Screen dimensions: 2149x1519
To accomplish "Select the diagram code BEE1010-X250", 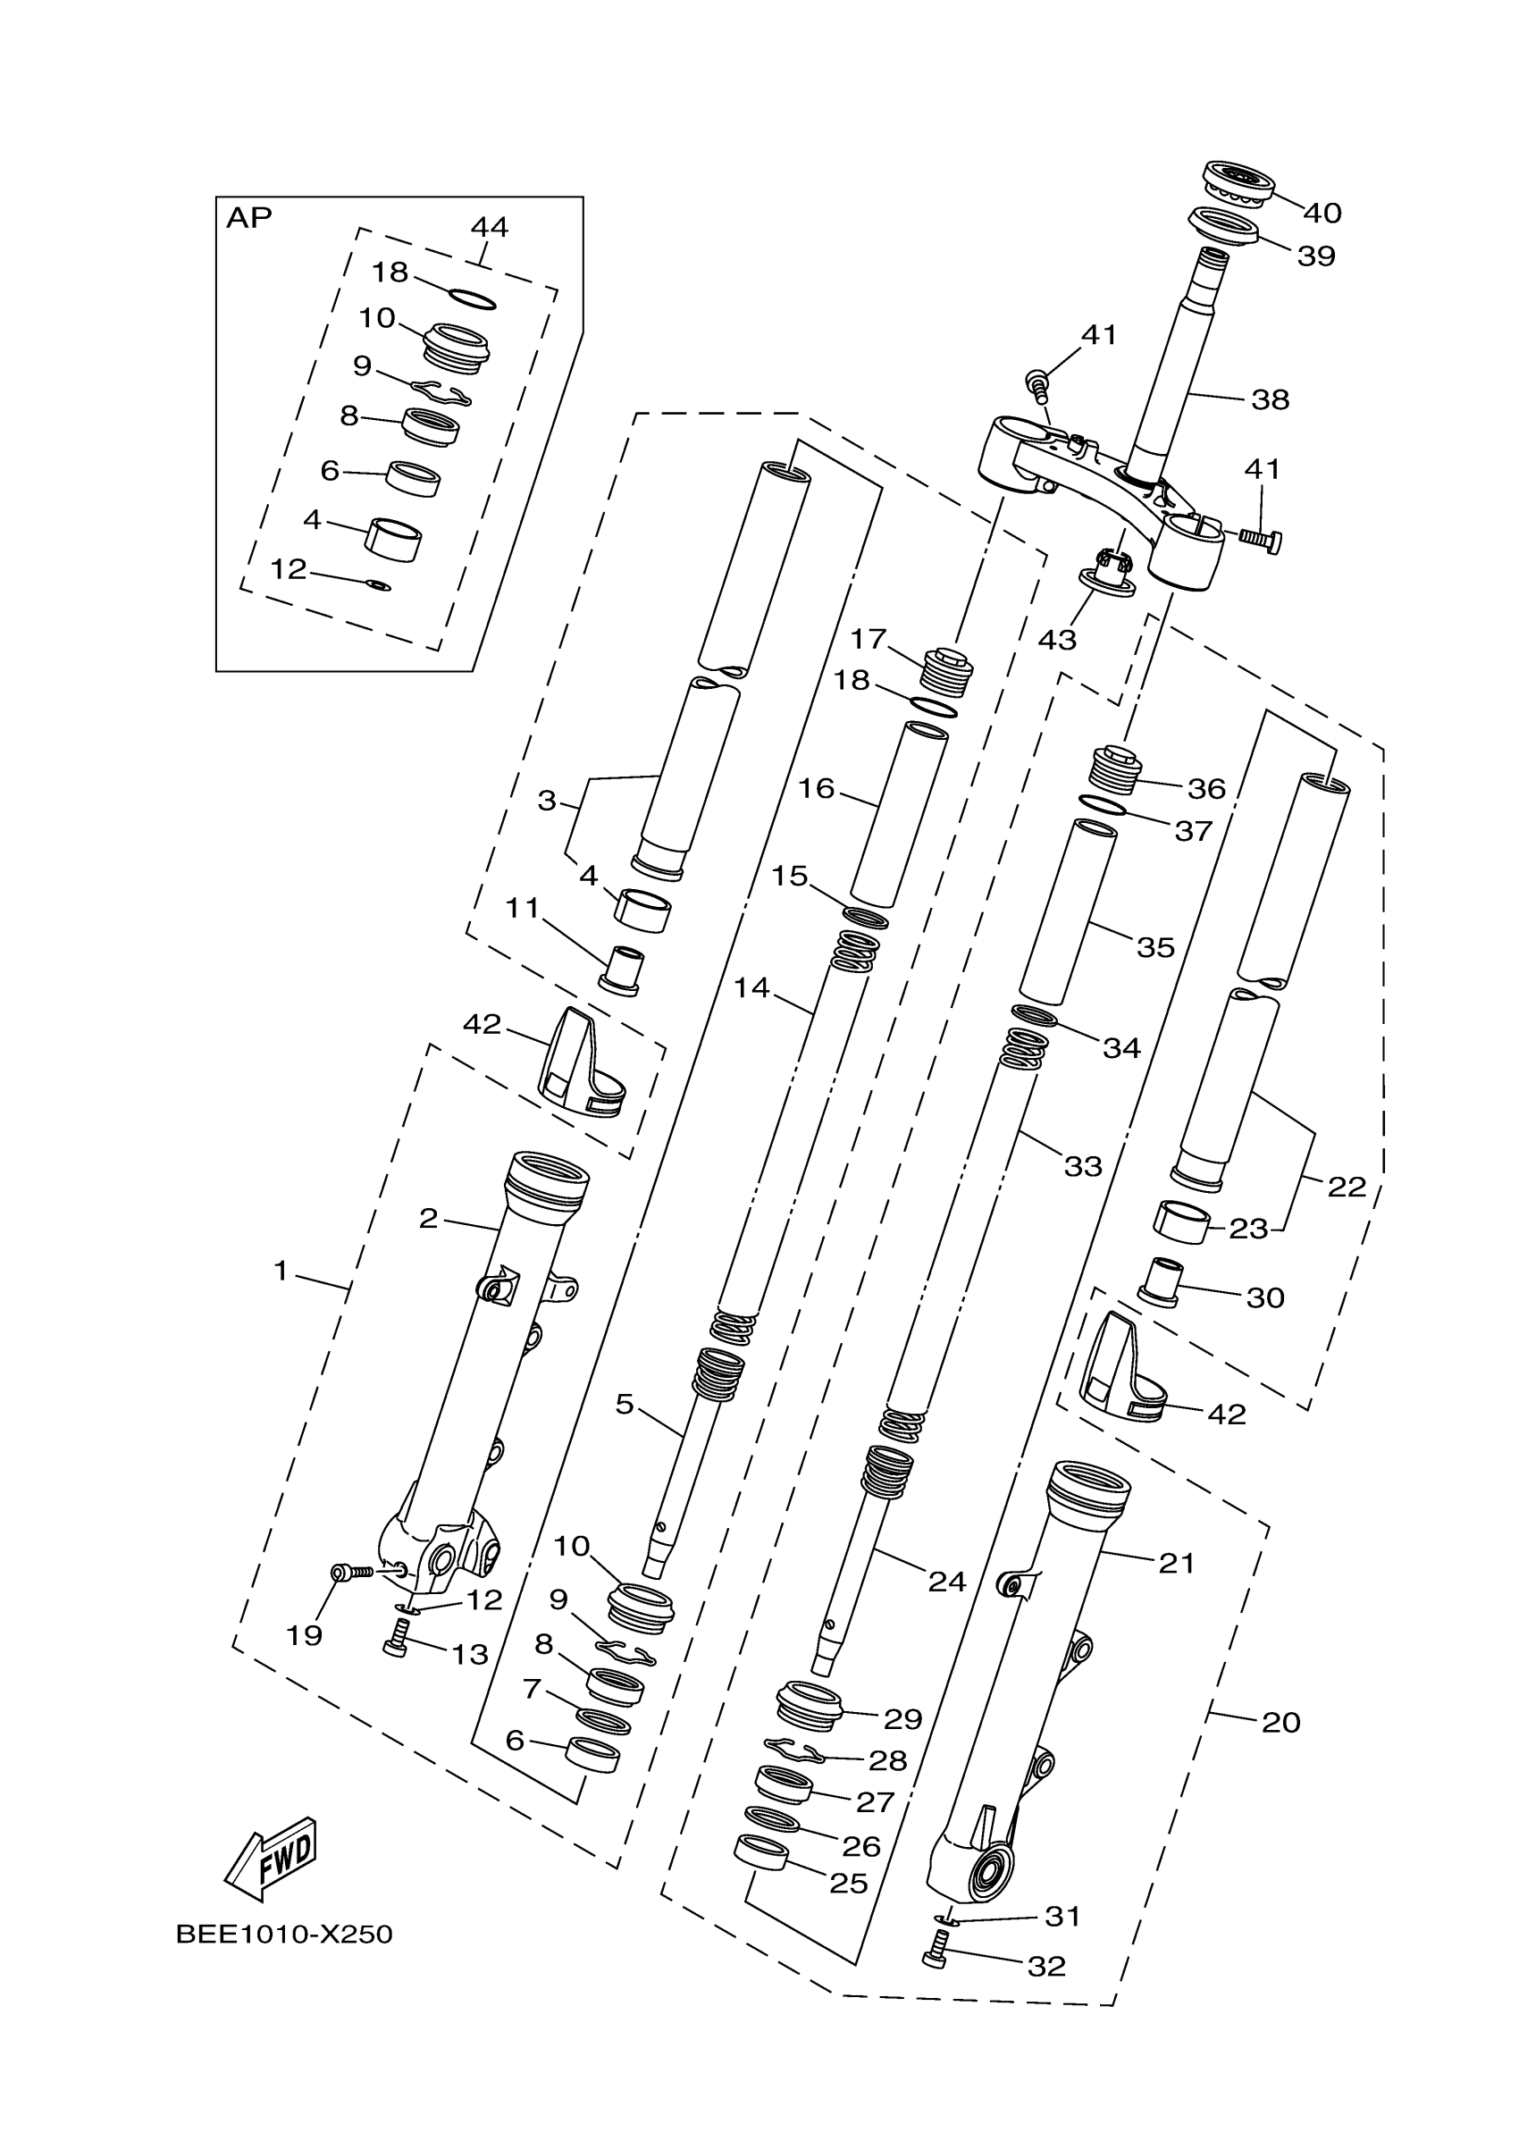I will pyautogui.click(x=283, y=1935).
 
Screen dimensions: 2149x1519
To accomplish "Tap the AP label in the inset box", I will pyautogui.click(x=249, y=218).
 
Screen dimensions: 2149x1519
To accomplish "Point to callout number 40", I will pyautogui.click(x=1322, y=214).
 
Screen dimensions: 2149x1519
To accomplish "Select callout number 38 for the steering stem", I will pyautogui.click(x=1270, y=399).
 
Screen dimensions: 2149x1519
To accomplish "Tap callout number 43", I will pyautogui.click(x=1057, y=640).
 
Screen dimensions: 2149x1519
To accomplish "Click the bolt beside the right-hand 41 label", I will pyautogui.click(x=1260, y=538).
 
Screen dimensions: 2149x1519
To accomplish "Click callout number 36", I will pyautogui.click(x=1206, y=789).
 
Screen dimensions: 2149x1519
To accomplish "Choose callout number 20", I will pyautogui.click(x=1280, y=1722).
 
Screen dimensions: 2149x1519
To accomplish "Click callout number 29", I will pyautogui.click(x=903, y=1718).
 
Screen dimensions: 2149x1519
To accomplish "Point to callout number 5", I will pyautogui.click(x=625, y=1404).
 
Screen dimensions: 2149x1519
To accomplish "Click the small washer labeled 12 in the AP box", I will pyautogui.click(x=378, y=585).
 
